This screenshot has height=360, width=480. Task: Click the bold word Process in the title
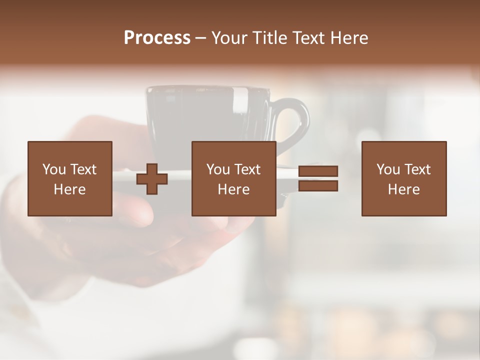tap(157, 38)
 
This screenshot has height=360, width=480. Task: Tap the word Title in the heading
tap(268, 38)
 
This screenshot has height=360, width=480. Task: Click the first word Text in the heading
tap(307, 38)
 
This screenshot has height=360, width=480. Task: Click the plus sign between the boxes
tap(152, 179)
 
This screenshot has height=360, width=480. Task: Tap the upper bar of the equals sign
tap(318, 171)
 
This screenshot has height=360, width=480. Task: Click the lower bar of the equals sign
tap(318, 186)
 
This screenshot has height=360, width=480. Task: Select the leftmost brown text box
tap(69, 178)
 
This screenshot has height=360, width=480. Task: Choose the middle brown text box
tap(233, 178)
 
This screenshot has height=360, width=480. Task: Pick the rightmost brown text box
tap(403, 178)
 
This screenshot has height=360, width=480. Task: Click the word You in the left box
tap(54, 169)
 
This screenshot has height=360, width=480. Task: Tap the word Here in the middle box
tap(233, 189)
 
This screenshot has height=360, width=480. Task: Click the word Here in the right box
tap(403, 189)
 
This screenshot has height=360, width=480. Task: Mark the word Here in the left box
tap(69, 189)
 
